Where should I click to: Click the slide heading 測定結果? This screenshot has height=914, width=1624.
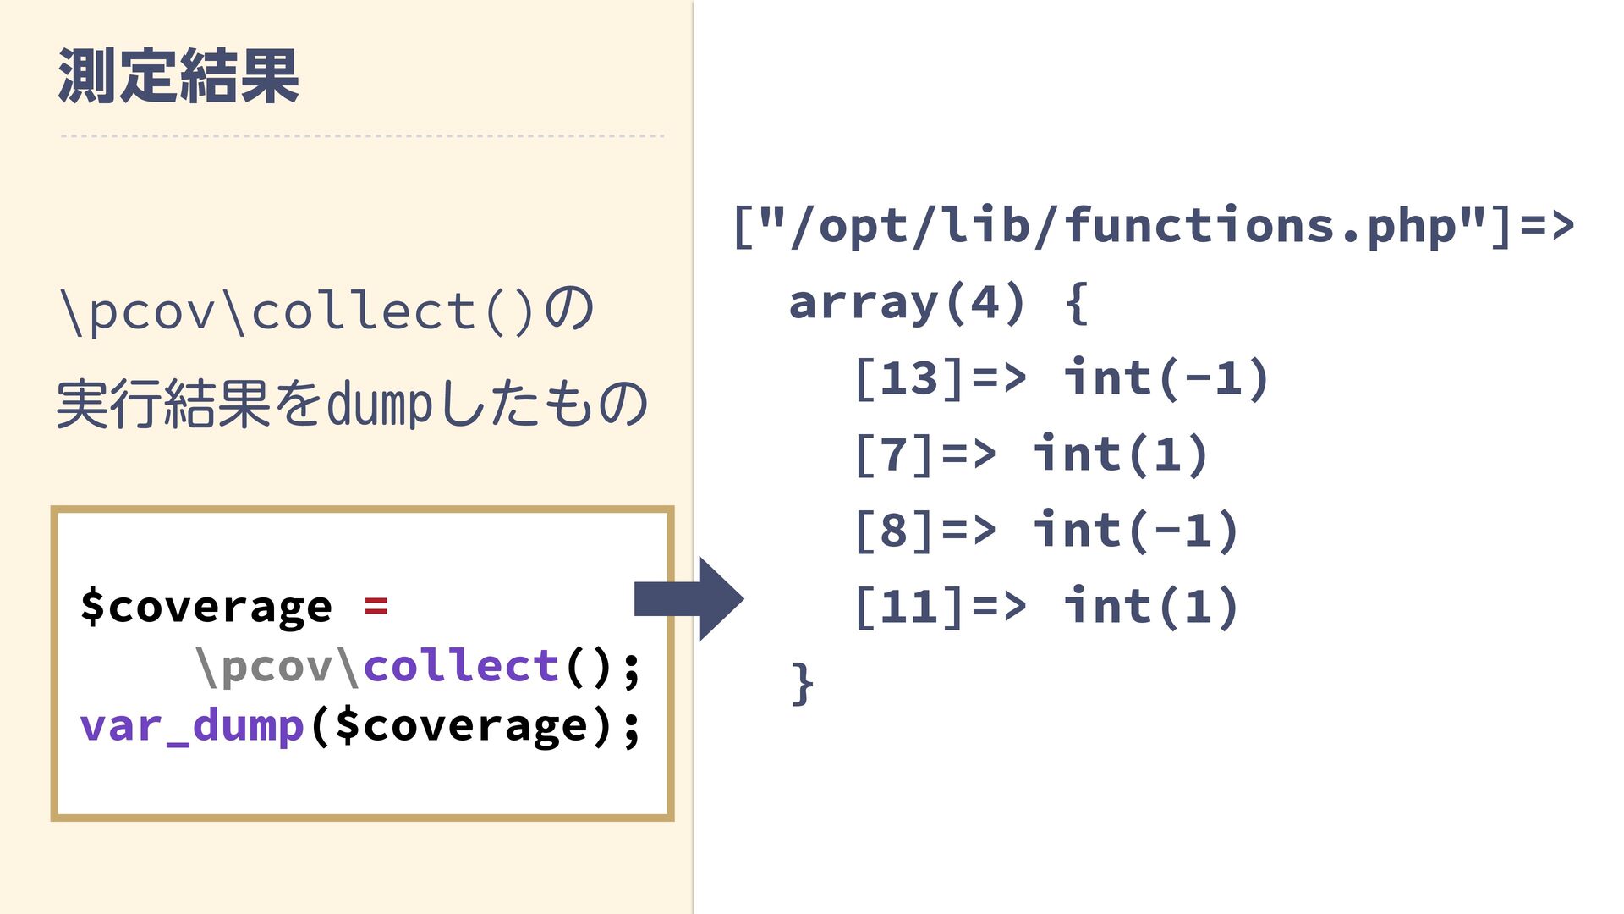point(178,76)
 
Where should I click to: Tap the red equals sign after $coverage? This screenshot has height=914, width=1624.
point(376,606)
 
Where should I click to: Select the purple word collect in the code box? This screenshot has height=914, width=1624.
point(461,666)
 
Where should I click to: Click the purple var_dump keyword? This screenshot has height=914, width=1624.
point(192,726)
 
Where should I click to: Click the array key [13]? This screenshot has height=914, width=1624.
point(910,378)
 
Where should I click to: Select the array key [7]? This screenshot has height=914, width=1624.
point(894,454)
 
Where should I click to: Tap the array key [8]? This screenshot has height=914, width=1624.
point(894,531)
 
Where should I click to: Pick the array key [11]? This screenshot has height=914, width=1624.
point(910,607)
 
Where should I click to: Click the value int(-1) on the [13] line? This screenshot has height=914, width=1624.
point(1166,378)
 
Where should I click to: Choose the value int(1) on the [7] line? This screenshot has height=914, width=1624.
point(1120,454)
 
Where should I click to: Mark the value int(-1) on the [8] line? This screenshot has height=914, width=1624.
point(1136,531)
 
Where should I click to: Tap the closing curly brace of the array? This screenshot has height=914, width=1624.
point(803,683)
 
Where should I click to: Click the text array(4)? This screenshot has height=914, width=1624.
point(907,302)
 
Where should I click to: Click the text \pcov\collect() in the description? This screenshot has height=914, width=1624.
point(296,311)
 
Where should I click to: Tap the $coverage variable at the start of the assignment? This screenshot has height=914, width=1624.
point(206,607)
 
